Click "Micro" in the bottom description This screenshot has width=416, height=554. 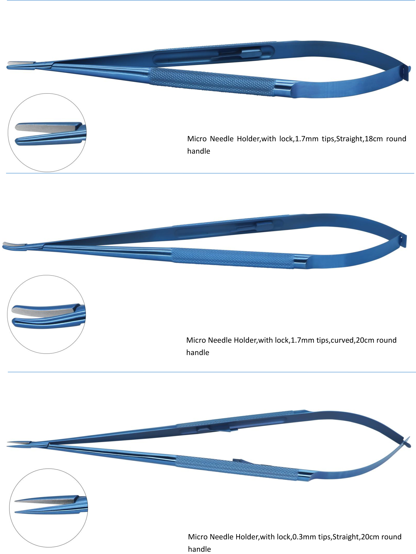tap(198, 537)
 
